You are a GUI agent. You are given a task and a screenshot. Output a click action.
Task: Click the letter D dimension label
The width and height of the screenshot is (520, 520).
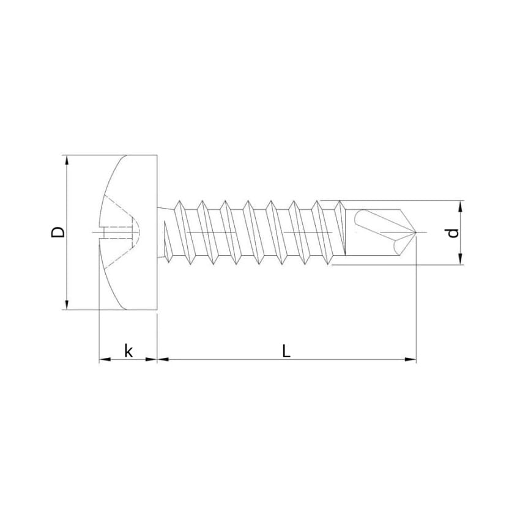[x=58, y=232]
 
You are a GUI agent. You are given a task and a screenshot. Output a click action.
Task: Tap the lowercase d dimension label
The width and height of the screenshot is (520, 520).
[x=453, y=233]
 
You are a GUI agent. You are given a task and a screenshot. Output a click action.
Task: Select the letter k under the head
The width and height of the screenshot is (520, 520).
[x=128, y=351]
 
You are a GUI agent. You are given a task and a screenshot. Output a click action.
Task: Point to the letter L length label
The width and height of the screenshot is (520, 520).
[x=286, y=351]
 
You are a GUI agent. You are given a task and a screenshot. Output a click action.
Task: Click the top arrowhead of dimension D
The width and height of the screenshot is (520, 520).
[x=67, y=160]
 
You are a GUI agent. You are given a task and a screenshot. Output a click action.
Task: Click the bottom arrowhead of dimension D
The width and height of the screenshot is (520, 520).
[x=67, y=305]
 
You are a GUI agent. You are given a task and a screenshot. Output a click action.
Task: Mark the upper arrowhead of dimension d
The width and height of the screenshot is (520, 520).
[x=460, y=206]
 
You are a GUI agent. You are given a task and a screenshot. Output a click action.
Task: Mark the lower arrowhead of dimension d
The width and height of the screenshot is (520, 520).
[x=460, y=259]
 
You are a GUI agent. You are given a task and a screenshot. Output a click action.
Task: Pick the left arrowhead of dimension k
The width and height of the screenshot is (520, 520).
[x=105, y=359]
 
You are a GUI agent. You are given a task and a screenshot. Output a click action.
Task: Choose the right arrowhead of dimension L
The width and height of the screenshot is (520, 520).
[x=410, y=359]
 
